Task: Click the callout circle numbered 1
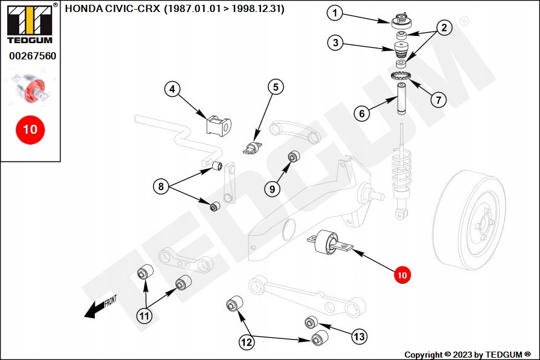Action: (x=335, y=13)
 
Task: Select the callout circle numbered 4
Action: (x=172, y=90)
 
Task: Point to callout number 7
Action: (x=438, y=100)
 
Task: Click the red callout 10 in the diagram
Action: (x=401, y=275)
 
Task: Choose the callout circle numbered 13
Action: (x=359, y=337)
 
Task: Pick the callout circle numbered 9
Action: (x=272, y=189)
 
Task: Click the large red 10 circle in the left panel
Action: (x=30, y=129)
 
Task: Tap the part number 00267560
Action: (x=32, y=56)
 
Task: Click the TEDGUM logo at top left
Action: (x=30, y=25)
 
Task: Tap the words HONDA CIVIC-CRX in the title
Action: (x=113, y=9)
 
